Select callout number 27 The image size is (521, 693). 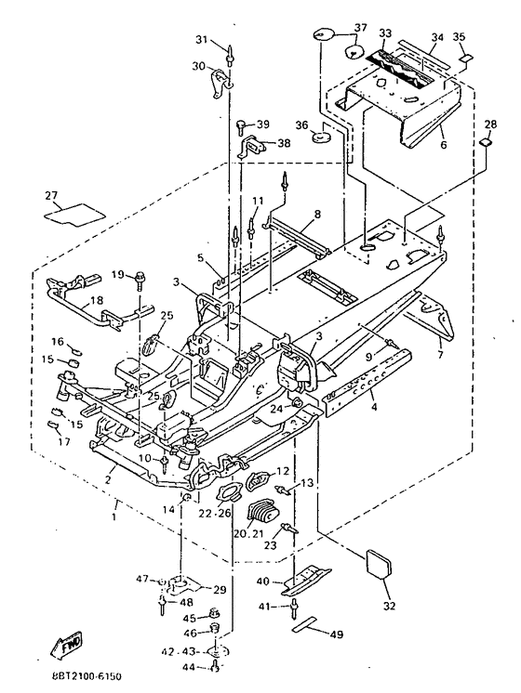tap(52, 195)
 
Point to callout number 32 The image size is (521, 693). tap(389, 606)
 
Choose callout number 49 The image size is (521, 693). tap(337, 634)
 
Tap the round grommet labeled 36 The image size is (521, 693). tap(322, 137)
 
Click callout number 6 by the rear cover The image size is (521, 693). tap(443, 145)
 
